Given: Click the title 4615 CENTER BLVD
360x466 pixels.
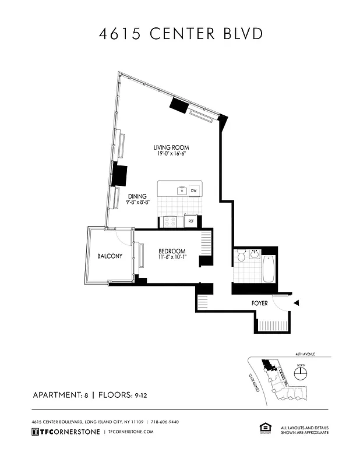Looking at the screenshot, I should tap(180, 34).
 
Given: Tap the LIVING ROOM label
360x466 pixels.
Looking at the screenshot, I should tap(171, 147).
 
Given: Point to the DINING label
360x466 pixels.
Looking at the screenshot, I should tap(137, 196).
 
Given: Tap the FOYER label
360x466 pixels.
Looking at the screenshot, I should tap(260, 303).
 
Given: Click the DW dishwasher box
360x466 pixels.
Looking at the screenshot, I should tap(193, 190).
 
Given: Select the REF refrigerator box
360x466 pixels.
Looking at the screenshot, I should tap(190, 221).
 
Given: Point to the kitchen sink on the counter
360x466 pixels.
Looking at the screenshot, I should tap(182, 190).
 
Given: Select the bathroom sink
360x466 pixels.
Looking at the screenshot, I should tap(254, 253).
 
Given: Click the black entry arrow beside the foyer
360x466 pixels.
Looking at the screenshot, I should tap(296, 303).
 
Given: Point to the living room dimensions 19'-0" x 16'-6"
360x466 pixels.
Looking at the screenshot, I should tap(171, 154).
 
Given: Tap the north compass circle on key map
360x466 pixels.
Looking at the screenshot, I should tap(301, 375).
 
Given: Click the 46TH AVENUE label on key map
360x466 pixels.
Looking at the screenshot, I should tap(303, 354).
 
